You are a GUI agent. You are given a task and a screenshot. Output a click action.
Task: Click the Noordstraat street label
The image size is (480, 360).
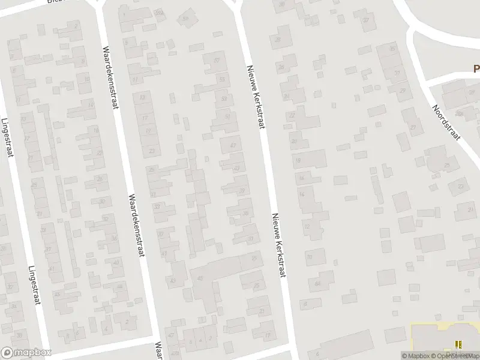pyautogui.click(x=448, y=122)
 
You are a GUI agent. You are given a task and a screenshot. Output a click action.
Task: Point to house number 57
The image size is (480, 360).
pyautogui.click(x=217, y=61)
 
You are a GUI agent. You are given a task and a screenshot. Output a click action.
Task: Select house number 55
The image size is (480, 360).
pyautogui.click(x=222, y=79)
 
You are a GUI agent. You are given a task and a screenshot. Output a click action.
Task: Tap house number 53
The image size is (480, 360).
pyautogui.click(x=224, y=98)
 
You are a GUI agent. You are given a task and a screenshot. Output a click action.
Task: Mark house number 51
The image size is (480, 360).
pyautogui.click(x=227, y=116)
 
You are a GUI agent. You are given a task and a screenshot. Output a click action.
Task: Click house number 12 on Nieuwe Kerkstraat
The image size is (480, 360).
pyautogui.click(x=307, y=227)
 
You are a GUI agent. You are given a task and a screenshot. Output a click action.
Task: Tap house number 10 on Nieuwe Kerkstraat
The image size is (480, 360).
pyautogui.click(x=310, y=257)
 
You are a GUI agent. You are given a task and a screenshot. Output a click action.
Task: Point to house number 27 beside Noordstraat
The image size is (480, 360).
pyautogui.click(x=413, y=127)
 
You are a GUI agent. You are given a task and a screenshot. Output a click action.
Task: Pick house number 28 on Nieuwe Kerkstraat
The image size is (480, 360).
pyautogui.click(x=278, y=40)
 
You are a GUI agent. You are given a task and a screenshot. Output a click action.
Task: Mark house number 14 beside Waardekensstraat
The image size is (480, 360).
pyautogui.click(x=91, y=105)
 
